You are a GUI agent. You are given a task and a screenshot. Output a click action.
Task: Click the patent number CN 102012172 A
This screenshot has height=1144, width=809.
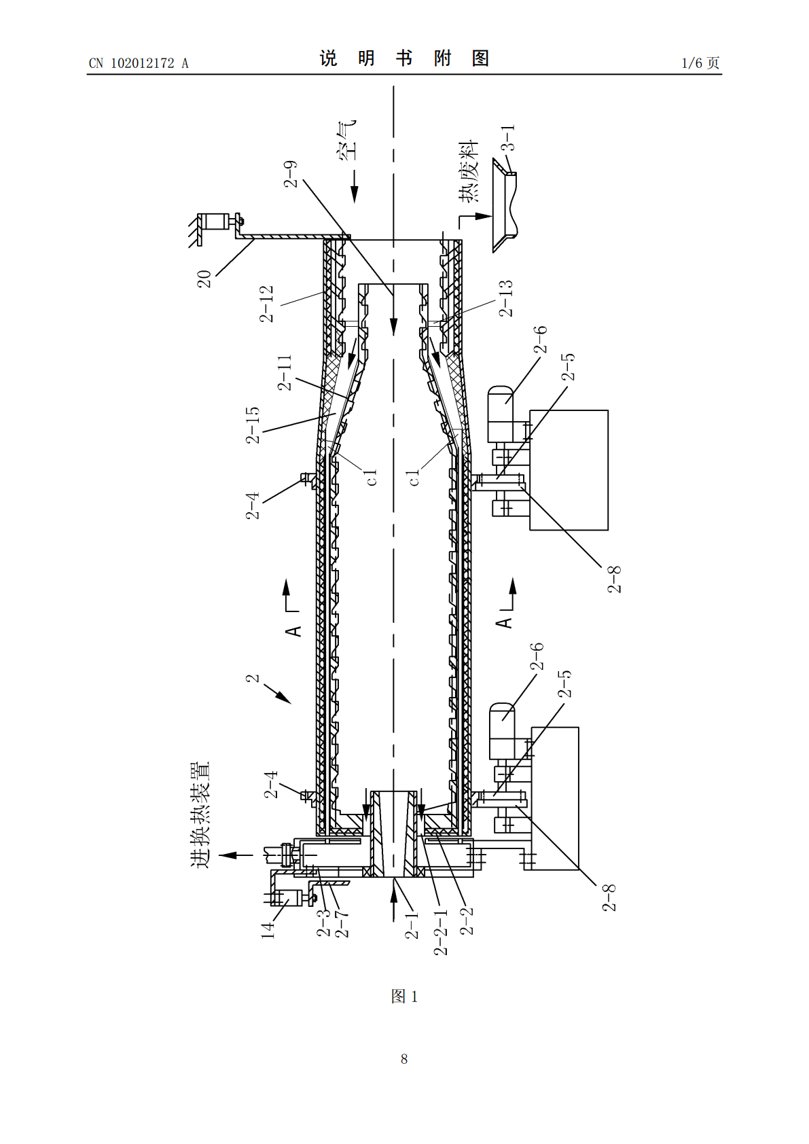(139, 62)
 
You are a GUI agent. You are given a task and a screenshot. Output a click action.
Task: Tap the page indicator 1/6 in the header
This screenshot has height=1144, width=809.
(691, 62)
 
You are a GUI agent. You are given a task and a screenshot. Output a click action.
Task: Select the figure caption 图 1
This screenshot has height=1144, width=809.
(404, 996)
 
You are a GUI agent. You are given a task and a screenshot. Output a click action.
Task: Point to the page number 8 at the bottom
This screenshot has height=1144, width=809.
(404, 1059)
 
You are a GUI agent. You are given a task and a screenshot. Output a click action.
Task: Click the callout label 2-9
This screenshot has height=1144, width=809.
(291, 174)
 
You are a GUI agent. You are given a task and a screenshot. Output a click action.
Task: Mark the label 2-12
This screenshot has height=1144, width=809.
(266, 304)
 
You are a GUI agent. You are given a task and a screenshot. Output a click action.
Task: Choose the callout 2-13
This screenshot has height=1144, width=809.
(505, 298)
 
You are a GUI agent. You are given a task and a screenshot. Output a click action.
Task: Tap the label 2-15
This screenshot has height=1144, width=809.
(253, 425)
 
